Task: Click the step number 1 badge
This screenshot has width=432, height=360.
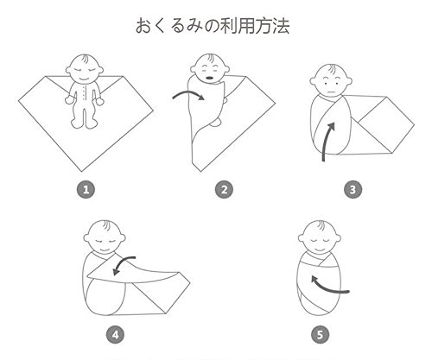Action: click(x=86, y=190)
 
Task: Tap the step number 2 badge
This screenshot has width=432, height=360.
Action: click(x=224, y=190)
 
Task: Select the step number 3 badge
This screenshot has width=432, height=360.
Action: click(x=353, y=190)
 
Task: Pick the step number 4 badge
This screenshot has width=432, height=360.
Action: click(x=116, y=335)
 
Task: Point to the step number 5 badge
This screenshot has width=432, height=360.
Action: click(x=320, y=335)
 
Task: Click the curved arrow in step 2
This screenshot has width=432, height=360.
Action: click(x=188, y=92)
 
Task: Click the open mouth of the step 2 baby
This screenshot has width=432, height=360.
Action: click(x=209, y=78)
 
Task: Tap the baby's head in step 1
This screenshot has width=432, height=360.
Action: click(x=85, y=68)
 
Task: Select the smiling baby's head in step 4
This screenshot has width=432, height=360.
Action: click(x=105, y=237)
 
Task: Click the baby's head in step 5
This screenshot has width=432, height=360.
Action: click(x=320, y=237)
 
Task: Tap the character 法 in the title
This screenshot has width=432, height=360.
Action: click(x=280, y=26)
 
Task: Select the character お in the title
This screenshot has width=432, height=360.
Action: click(x=144, y=26)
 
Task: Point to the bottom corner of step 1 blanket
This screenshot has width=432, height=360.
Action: click(x=82, y=172)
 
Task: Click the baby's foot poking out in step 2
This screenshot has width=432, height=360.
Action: click(x=216, y=123)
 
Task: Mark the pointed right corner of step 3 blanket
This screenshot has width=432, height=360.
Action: click(x=414, y=125)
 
